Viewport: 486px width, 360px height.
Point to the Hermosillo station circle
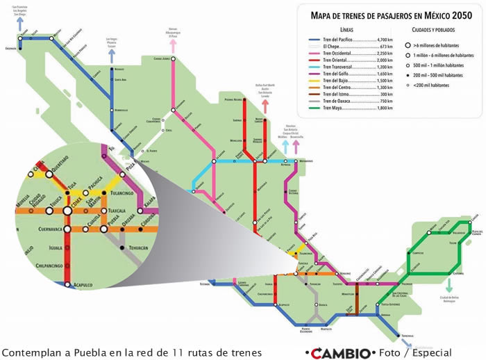(112, 110)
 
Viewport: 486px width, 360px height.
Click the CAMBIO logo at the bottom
(340, 352)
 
